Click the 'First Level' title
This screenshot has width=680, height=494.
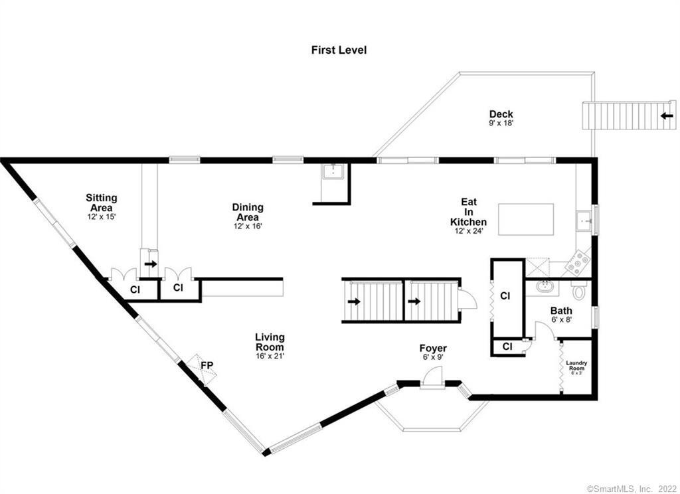click(x=339, y=50)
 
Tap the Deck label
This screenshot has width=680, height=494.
click(x=501, y=114)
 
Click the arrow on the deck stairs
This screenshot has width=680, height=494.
click(x=667, y=116)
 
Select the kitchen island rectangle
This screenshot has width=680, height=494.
click(x=526, y=219)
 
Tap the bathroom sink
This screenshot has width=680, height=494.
click(x=543, y=286)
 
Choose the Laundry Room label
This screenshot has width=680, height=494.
click(x=576, y=366)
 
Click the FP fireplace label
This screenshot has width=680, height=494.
click(x=207, y=365)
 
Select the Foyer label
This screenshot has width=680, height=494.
click(x=433, y=349)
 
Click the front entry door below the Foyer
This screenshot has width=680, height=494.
click(x=432, y=378)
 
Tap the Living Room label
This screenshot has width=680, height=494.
click(x=270, y=342)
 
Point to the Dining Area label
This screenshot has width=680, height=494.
click(x=248, y=212)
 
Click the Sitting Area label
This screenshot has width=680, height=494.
click(x=102, y=203)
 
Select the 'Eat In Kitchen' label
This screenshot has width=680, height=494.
click(x=468, y=212)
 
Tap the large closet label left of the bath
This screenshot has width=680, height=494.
click(x=505, y=295)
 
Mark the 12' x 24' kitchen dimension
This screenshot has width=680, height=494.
click(x=469, y=231)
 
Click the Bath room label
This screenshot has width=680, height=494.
click(x=561, y=311)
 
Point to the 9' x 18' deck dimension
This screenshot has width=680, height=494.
click(x=501, y=123)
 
